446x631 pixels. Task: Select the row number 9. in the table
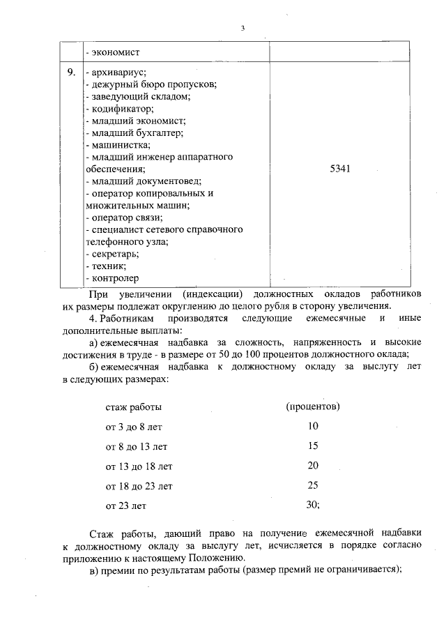click(71, 72)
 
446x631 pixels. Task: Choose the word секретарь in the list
click(115, 254)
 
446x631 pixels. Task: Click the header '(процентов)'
click(313, 405)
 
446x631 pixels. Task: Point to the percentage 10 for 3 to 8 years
click(312, 425)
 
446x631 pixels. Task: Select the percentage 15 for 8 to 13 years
click(312, 445)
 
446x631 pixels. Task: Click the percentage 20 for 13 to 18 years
click(312, 465)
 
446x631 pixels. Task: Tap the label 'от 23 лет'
click(126, 505)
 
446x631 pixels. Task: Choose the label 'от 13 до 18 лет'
click(139, 466)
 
